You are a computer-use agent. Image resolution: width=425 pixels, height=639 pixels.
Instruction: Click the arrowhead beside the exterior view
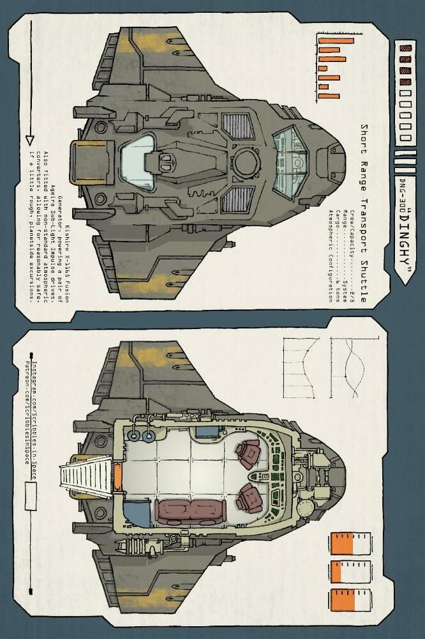coord(29,139)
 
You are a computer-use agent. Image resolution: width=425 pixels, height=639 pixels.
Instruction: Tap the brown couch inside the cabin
coord(190,511)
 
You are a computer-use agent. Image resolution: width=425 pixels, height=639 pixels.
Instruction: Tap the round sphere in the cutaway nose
coord(305,508)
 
